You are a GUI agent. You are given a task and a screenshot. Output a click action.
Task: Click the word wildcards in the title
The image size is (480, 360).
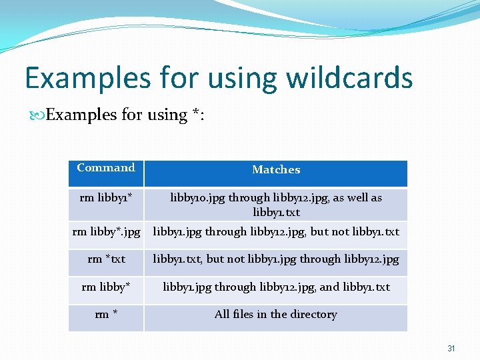pyautogui.click(x=349, y=77)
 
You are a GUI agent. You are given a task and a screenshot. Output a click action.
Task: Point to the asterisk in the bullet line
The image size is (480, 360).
pyautogui.click(x=196, y=114)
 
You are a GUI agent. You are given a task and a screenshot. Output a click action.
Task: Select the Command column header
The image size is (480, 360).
pyautogui.click(x=106, y=168)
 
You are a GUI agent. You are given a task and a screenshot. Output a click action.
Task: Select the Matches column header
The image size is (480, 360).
pyautogui.click(x=276, y=170)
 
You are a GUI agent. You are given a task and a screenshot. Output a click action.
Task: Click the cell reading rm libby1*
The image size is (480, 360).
pyautogui.click(x=106, y=198)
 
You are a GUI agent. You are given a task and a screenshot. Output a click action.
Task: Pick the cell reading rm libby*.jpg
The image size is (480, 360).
pyautogui.click(x=106, y=232)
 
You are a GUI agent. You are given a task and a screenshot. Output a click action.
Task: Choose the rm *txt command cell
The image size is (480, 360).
pyautogui.click(x=106, y=259)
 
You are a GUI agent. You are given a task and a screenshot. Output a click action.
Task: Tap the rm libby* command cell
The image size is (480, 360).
pyautogui.click(x=106, y=287)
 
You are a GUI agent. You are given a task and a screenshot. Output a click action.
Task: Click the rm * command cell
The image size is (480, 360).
pyautogui.click(x=106, y=315)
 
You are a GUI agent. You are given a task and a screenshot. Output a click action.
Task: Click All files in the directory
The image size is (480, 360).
pyautogui.click(x=276, y=315)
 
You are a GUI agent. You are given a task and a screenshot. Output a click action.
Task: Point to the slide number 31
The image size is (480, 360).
pyautogui.click(x=451, y=349)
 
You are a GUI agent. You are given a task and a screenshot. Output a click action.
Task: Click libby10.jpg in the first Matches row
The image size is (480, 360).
pyautogui.click(x=198, y=198)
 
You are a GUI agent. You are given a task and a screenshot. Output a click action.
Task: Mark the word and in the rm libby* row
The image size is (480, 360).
pyautogui.click(x=329, y=287)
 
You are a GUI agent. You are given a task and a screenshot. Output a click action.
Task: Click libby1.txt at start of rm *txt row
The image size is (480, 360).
pyautogui.click(x=177, y=259)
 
